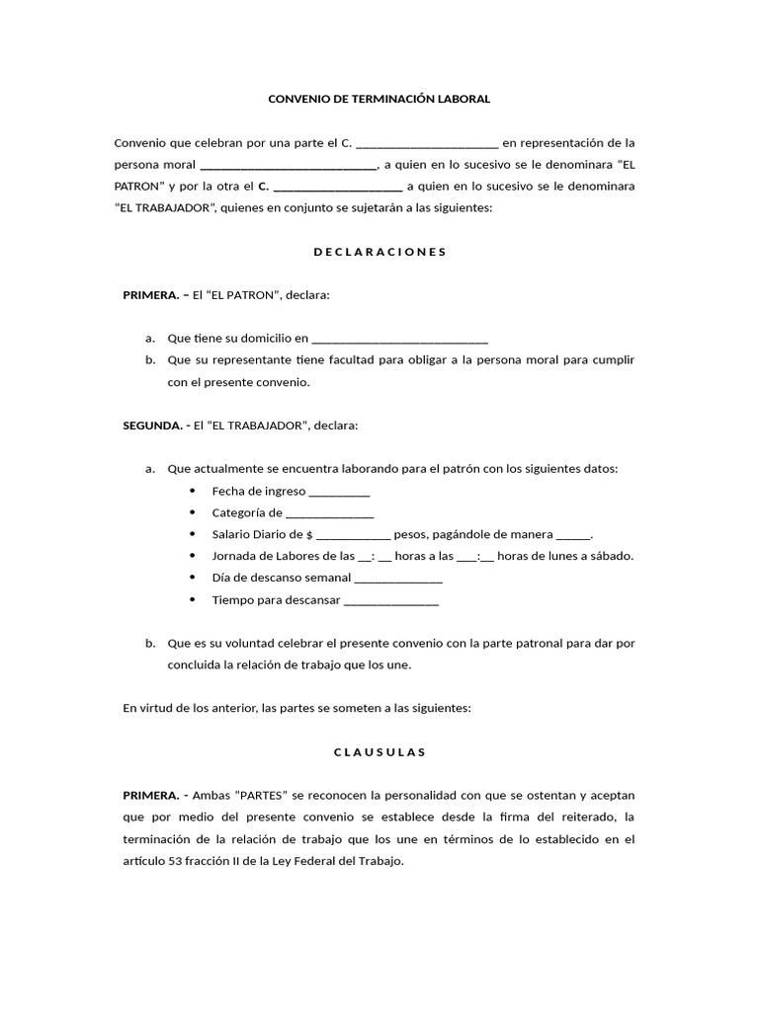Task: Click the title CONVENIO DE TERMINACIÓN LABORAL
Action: click(379, 100)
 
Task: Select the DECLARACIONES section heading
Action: click(379, 252)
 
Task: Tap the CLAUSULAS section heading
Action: click(379, 751)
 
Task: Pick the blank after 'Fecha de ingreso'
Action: click(339, 493)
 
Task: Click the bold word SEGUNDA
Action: click(151, 426)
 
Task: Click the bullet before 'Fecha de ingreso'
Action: click(191, 492)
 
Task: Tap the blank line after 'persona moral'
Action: click(288, 165)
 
